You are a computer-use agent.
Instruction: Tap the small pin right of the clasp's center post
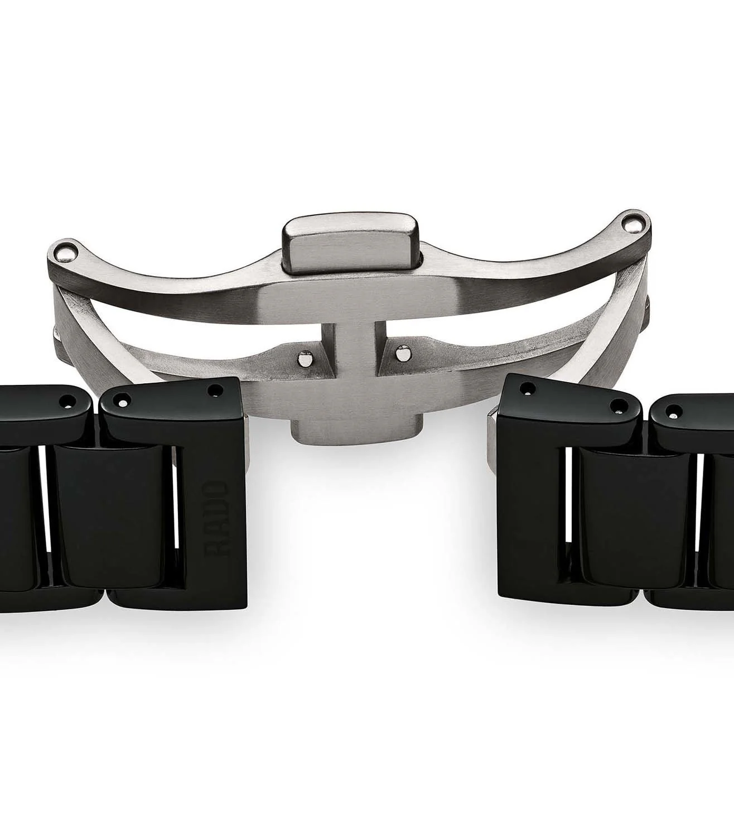[x=402, y=354]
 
